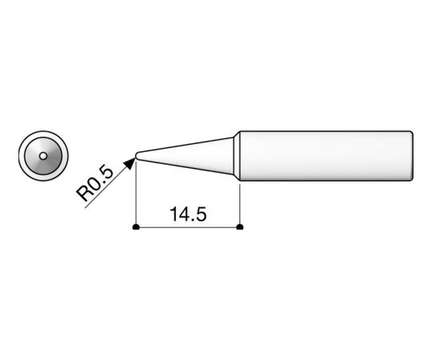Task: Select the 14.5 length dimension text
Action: [x=189, y=214]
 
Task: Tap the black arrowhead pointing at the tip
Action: [x=128, y=163]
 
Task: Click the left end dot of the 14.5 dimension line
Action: [x=137, y=227]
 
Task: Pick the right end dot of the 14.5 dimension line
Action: [x=241, y=227]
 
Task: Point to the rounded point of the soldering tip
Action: [x=138, y=154]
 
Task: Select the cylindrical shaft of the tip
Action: [x=324, y=154]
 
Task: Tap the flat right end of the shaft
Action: [x=413, y=154]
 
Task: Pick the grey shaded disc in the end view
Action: [x=50, y=160]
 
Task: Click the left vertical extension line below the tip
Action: [x=137, y=196]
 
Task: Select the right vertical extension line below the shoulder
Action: [x=241, y=204]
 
